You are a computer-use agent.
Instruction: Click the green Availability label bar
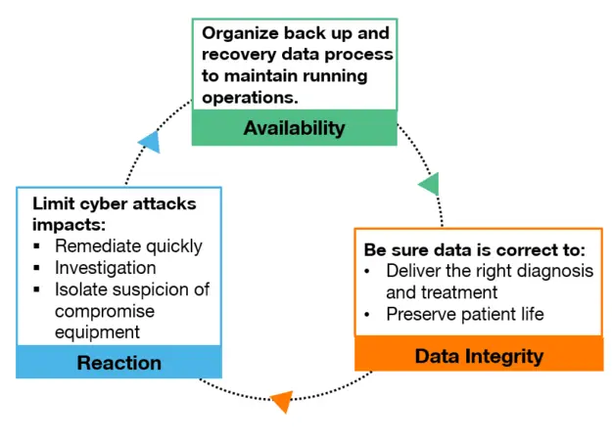295,128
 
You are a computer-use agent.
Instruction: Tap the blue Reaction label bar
119,362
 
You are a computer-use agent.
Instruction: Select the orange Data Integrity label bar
479,354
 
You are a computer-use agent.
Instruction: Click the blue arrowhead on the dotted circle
150,142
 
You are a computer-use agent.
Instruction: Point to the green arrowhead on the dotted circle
430,184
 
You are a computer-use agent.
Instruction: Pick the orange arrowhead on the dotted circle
282,402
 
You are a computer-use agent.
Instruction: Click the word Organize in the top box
240,33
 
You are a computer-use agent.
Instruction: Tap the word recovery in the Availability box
239,55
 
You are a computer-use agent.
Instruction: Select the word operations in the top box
250,98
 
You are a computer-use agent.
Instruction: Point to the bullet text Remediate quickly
128,246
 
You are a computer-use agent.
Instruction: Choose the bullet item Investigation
106,268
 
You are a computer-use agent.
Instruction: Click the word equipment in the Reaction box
97,332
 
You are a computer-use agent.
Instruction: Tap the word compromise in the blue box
105,311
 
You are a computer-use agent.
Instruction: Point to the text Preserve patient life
465,314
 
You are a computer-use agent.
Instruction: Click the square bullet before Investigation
36,268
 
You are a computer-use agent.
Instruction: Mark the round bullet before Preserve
367,315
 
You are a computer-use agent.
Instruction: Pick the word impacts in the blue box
69,226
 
